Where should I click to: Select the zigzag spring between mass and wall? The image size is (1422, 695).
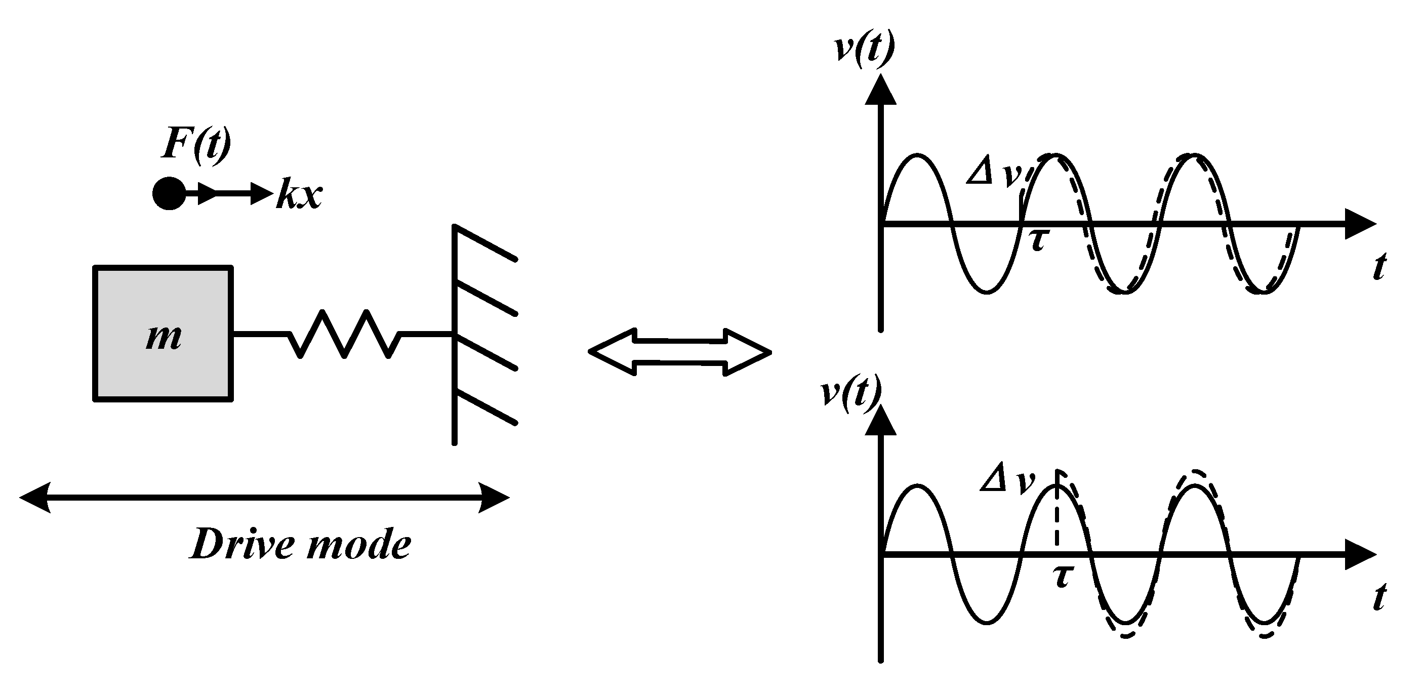tap(344, 334)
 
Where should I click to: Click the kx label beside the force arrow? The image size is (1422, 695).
tap(300, 194)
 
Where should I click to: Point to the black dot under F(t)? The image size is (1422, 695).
tap(169, 194)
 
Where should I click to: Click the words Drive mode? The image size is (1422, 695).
tap(301, 544)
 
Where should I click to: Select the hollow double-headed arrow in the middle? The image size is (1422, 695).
tap(680, 352)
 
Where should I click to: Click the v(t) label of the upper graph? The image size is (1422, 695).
tap(864, 49)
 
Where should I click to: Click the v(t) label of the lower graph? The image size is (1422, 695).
tap(850, 393)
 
